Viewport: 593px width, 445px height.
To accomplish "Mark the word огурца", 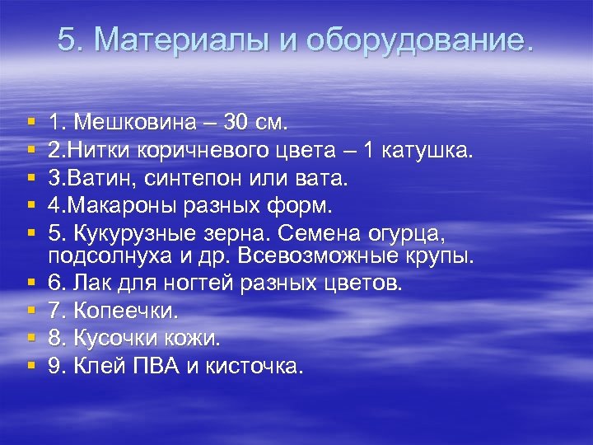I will (414, 232).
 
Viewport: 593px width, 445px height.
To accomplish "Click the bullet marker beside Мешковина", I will (30, 124).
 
